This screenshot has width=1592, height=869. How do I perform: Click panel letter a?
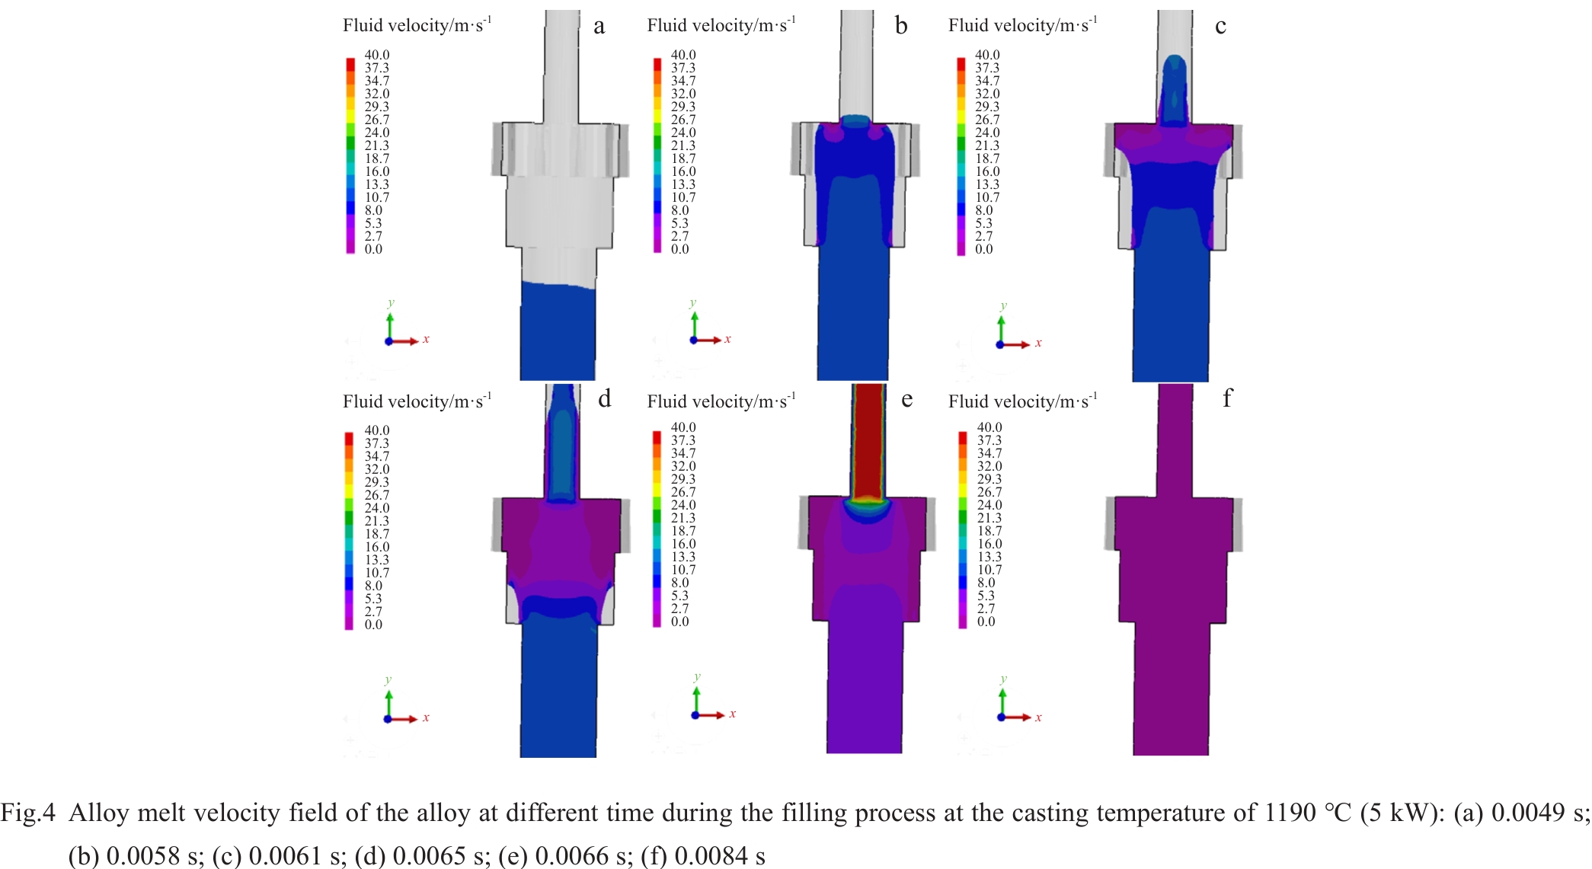point(599,27)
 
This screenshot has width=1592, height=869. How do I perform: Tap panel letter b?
point(901,27)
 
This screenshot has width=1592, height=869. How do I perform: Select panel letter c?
point(1220,27)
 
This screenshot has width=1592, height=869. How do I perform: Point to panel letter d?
point(604,399)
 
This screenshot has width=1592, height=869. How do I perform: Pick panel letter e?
point(906,399)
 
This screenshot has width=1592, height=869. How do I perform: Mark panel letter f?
point(1226,398)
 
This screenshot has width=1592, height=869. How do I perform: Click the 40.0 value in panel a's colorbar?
point(376,55)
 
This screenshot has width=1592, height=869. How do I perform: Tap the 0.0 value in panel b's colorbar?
point(679,249)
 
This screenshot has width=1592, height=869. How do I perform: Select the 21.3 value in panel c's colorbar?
point(987,145)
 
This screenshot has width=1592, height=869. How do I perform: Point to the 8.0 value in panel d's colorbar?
point(373,586)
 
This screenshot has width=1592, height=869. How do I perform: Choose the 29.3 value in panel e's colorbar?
point(683,479)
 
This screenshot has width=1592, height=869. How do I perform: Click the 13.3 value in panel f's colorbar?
point(989,557)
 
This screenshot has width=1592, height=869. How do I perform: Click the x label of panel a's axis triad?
point(426,340)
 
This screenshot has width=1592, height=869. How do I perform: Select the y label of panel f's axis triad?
point(1003,678)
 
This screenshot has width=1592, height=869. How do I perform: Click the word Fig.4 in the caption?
point(27,813)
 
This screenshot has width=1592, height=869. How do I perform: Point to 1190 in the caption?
point(1290,813)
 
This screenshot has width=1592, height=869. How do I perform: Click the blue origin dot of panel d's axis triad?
point(388,719)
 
